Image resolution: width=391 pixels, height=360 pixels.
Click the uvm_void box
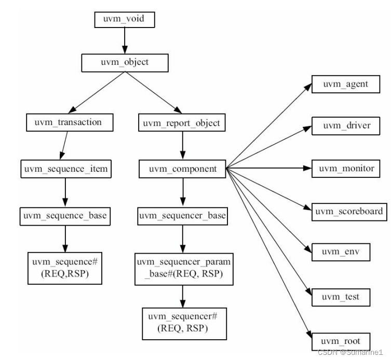[124, 20]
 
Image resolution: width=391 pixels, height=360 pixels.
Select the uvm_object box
[124, 62]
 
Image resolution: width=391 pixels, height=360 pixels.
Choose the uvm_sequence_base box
[65, 214]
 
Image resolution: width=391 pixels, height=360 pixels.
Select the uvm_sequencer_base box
[181, 214]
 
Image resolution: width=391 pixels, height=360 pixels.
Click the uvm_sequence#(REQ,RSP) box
[65, 267]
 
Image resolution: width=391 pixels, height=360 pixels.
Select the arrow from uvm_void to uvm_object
[124, 40]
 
